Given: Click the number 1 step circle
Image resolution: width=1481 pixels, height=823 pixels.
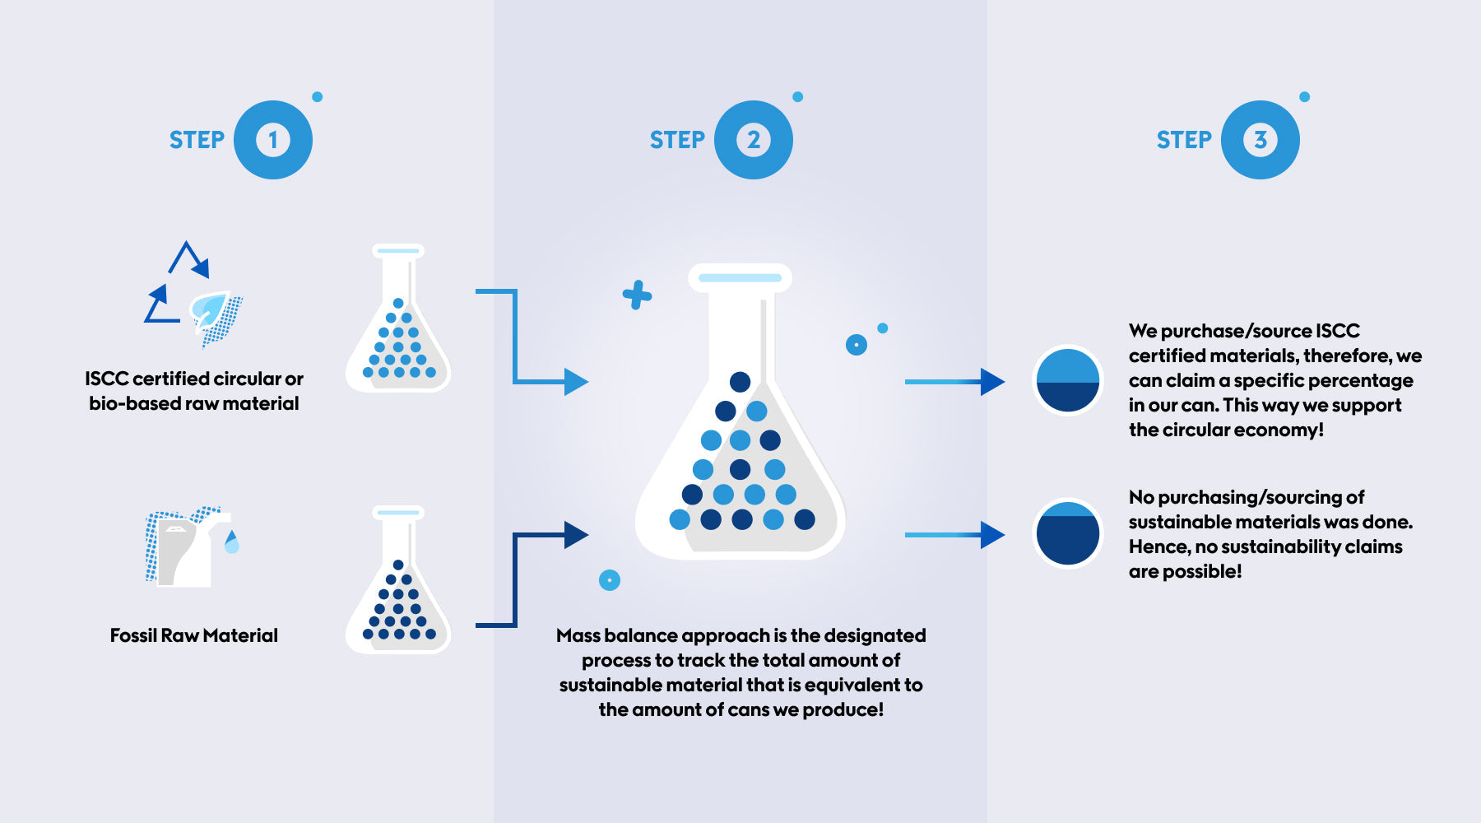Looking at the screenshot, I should (x=272, y=140).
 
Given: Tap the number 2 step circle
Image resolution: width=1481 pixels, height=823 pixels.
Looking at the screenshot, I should (x=753, y=140).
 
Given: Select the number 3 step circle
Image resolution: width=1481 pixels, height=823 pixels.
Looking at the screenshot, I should (x=1260, y=140).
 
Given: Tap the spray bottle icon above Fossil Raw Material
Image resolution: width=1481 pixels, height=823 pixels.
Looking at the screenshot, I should (x=189, y=546).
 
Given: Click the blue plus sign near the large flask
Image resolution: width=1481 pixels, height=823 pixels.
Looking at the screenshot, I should (x=637, y=295).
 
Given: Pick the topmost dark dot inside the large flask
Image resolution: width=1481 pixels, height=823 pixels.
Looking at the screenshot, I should (x=740, y=382).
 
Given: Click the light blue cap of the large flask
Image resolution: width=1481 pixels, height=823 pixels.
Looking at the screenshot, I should (x=740, y=278).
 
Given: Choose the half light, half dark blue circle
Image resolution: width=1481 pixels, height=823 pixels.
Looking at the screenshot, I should (x=1067, y=381).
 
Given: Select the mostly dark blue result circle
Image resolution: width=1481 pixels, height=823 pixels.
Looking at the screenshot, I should (x=1067, y=533).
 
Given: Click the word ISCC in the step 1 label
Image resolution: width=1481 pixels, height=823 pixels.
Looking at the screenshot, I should (x=106, y=379).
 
